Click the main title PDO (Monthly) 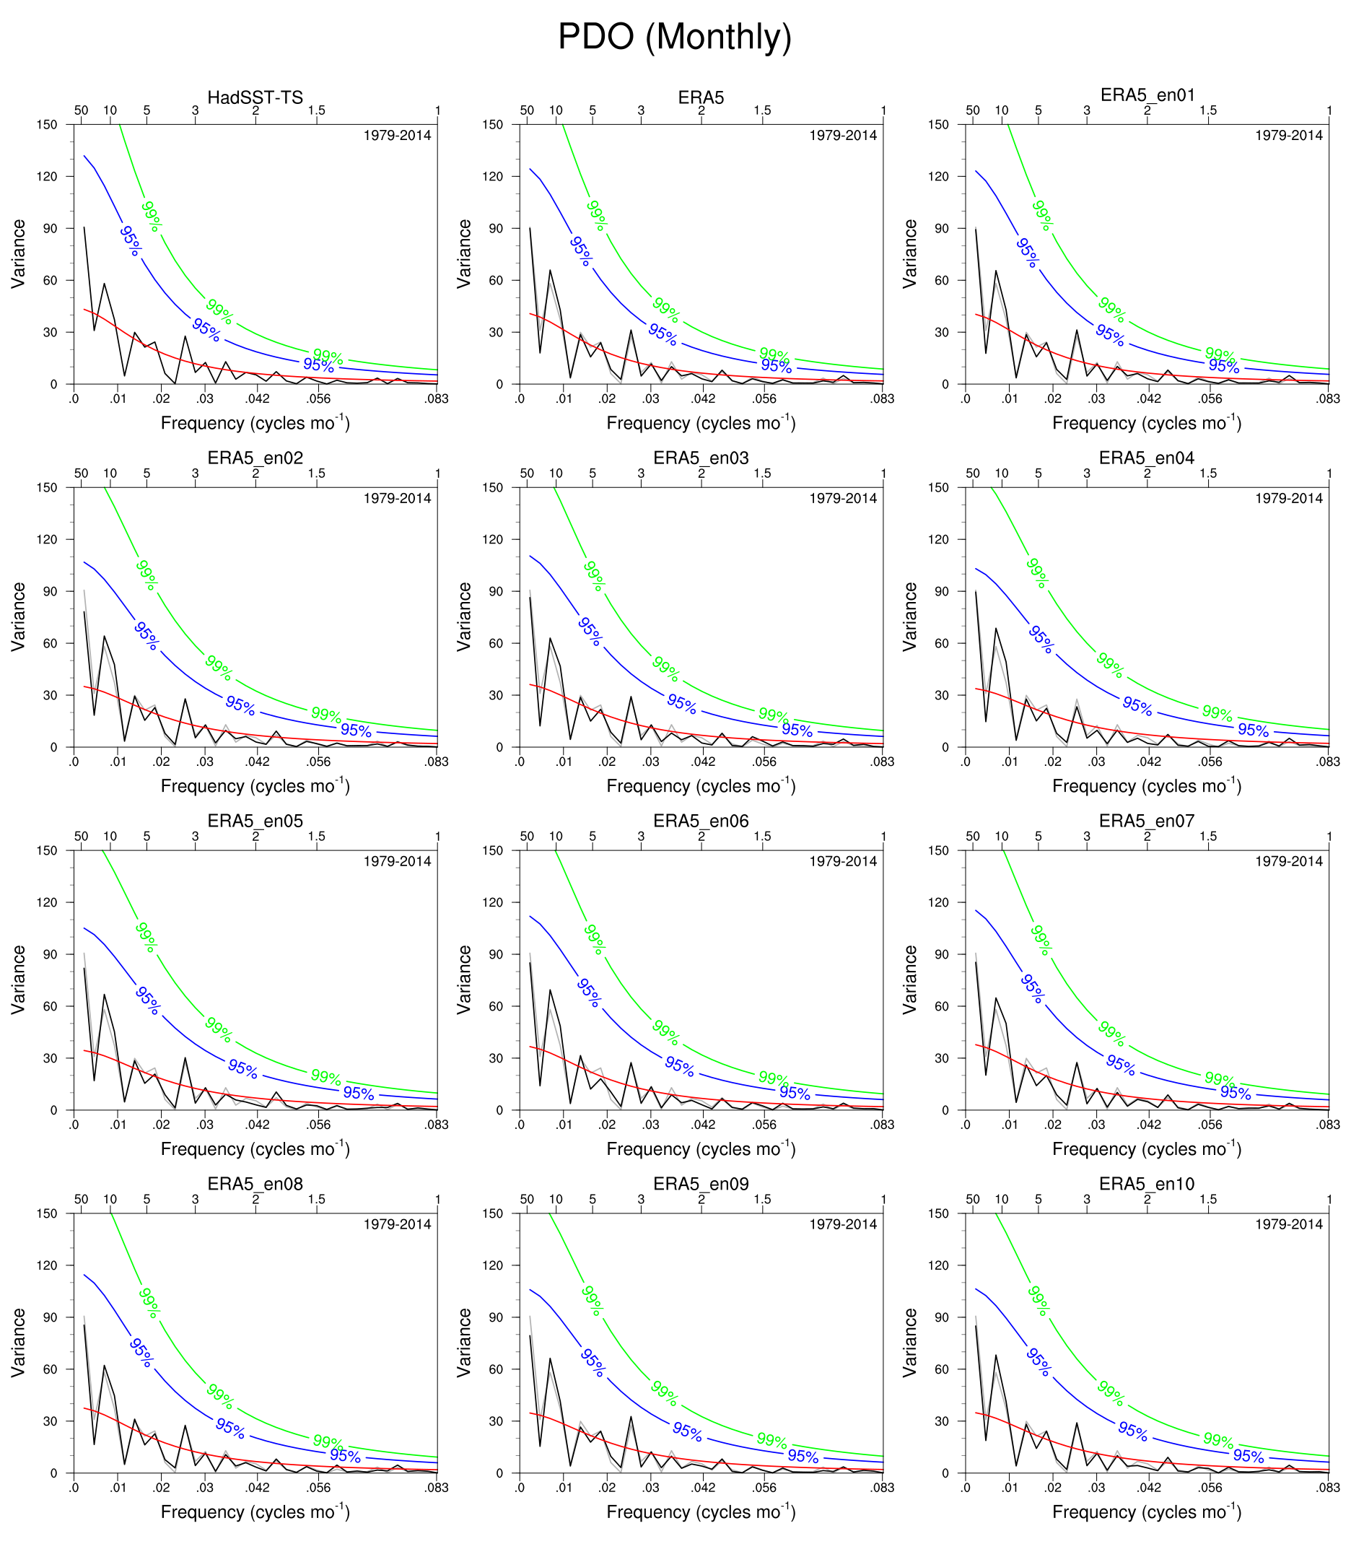[x=675, y=36]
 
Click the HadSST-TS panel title [x=255, y=97]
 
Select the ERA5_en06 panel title [x=701, y=821]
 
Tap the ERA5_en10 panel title [x=1147, y=1184]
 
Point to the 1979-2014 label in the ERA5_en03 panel [x=843, y=498]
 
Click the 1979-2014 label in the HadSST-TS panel [x=398, y=136]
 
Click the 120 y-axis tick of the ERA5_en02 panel [x=47, y=540]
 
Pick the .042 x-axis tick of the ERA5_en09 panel [x=703, y=1488]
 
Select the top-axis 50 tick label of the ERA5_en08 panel [x=82, y=1200]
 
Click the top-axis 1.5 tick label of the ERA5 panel [x=762, y=111]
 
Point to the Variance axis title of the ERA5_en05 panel [x=18, y=980]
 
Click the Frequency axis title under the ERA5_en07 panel [x=1147, y=1150]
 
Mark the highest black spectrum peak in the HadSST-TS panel [x=84, y=227]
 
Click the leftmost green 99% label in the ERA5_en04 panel [x=1037, y=573]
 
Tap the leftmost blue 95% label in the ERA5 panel [x=581, y=252]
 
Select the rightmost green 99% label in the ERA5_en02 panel [x=326, y=715]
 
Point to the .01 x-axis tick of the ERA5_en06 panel [x=564, y=1125]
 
